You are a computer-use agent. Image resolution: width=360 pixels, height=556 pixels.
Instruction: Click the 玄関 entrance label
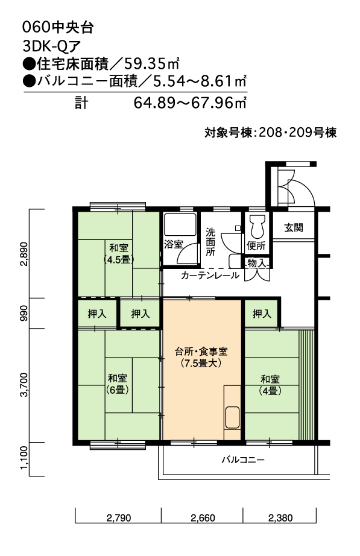293,227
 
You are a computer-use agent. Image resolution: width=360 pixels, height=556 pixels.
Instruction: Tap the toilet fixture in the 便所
256,227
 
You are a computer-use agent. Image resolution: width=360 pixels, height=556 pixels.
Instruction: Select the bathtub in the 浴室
180,224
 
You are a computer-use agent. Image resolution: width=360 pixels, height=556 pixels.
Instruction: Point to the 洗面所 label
210,242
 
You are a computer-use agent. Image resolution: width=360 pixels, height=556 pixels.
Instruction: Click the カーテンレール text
210,275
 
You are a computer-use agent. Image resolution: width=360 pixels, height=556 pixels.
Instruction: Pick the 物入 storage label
256,263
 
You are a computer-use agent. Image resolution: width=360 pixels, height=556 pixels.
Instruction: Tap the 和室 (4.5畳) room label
119,253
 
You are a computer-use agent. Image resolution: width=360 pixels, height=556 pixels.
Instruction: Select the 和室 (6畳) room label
118,384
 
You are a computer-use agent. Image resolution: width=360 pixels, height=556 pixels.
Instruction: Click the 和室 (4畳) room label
270,385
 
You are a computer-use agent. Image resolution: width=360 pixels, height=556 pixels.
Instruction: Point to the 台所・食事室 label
201,352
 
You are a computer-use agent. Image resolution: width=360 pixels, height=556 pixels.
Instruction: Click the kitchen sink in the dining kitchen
232,417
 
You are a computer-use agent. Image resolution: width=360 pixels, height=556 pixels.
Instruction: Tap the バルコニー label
243,460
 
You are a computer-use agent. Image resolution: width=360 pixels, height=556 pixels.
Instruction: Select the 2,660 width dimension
203,518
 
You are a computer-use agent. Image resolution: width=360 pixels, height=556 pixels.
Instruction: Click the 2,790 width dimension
118,518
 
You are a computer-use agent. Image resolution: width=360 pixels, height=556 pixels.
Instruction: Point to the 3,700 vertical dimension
24,385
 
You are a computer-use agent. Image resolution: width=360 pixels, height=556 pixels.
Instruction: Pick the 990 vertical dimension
24,313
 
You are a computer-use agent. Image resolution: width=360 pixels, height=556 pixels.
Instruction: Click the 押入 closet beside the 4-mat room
262,314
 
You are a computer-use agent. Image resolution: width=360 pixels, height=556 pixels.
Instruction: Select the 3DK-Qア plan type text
52,46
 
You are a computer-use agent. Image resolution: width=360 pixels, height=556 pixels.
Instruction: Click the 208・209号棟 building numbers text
297,132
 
